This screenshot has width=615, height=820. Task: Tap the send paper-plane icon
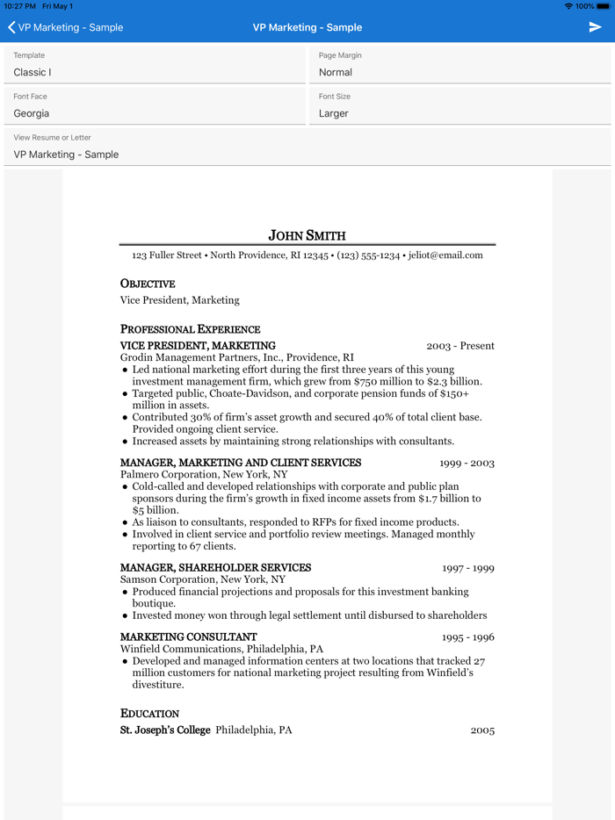pyautogui.click(x=595, y=27)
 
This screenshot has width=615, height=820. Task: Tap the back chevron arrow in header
pyautogui.click(x=11, y=27)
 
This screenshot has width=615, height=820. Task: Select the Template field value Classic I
pyautogui.click(x=33, y=72)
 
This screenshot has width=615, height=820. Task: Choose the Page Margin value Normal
pyautogui.click(x=336, y=72)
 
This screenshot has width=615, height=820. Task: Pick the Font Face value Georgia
pyautogui.click(x=32, y=113)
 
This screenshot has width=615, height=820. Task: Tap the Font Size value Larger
pyautogui.click(x=334, y=113)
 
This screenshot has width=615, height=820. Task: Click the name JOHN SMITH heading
pyautogui.click(x=307, y=235)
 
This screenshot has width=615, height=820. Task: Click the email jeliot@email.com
pyautogui.click(x=445, y=255)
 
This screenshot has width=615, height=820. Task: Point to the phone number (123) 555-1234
pyautogui.click(x=368, y=255)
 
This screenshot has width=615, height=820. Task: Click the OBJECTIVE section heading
pyautogui.click(x=148, y=284)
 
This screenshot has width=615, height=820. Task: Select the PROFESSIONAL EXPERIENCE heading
pyautogui.click(x=190, y=329)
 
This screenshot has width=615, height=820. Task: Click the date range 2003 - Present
pyautogui.click(x=460, y=346)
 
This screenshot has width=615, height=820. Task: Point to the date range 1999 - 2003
pyautogui.click(x=467, y=463)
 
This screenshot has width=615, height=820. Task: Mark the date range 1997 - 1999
pyautogui.click(x=467, y=568)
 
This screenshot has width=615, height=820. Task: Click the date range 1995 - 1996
pyautogui.click(x=467, y=637)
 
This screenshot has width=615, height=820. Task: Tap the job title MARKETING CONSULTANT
pyautogui.click(x=188, y=637)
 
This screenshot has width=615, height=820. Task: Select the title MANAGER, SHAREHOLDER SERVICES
pyautogui.click(x=215, y=568)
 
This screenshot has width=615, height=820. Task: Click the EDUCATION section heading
pyautogui.click(x=149, y=714)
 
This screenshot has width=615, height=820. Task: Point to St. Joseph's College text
pyautogui.click(x=165, y=730)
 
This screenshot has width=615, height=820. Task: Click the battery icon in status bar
pyautogui.click(x=603, y=6)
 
